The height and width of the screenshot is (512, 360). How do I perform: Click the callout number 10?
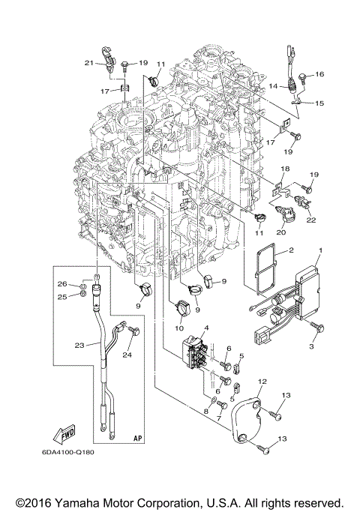[180, 328]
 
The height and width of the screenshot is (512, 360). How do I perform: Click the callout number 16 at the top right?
[319, 75]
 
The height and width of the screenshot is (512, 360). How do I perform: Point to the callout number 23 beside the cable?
[78, 345]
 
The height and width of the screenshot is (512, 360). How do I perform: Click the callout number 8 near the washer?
[205, 412]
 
